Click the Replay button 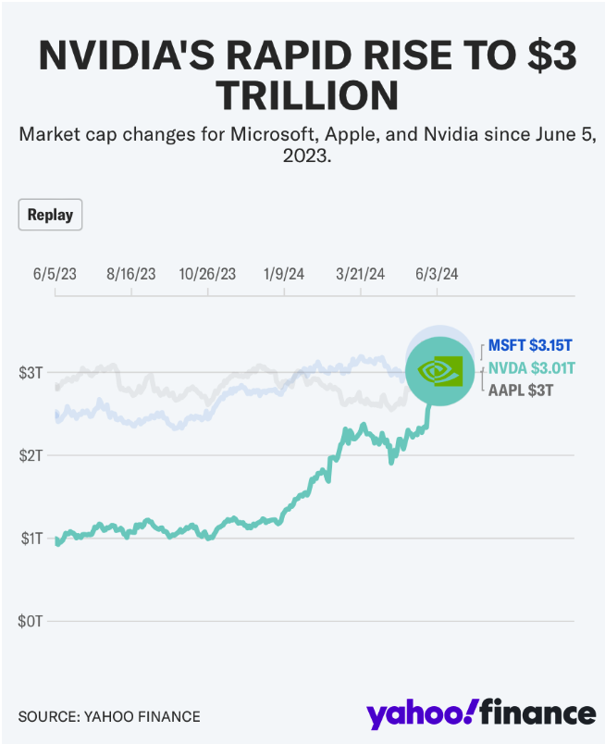pos(50,215)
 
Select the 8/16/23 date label pos(131,274)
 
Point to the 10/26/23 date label pos(207,274)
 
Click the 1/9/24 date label pos(284,274)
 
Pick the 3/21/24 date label pos(361,274)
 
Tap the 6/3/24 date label pos(437,274)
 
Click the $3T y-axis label pos(30,373)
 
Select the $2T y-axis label pos(30,455)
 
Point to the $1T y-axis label pos(30,538)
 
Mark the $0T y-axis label pos(30,620)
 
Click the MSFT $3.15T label pos(530,345)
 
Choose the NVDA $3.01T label pos(531,368)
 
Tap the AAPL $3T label pos(521,391)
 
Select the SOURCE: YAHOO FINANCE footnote pos(109,716)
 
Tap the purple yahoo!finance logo pos(480,713)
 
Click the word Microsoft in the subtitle pos(274,135)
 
